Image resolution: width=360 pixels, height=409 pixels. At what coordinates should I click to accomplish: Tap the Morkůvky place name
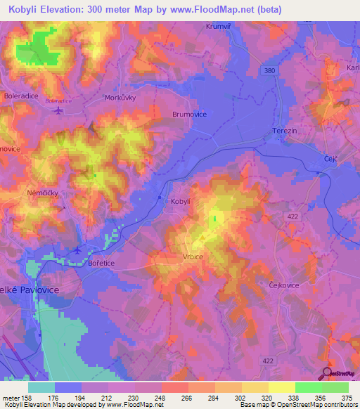119,98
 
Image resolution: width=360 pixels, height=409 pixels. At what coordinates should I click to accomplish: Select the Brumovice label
189,114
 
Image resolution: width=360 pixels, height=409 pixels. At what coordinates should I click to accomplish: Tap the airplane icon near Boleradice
58,109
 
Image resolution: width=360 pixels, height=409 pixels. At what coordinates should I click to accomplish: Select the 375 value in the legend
347,397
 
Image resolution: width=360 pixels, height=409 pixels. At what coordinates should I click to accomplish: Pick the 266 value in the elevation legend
186,397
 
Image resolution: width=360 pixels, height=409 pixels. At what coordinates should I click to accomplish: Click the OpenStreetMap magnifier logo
326,372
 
